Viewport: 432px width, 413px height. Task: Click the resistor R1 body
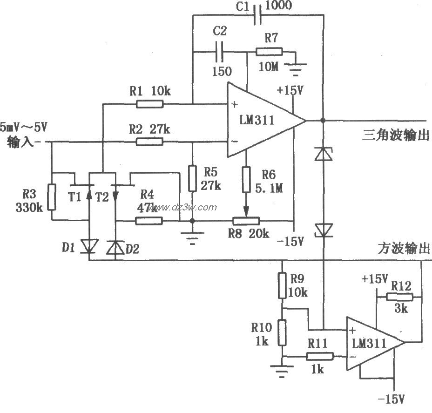coord(149,103)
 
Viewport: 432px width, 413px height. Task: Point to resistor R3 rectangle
coord(52,196)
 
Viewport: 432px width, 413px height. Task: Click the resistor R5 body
coord(192,178)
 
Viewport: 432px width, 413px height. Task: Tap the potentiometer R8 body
coord(247,221)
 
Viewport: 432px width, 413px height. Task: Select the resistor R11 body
coord(320,357)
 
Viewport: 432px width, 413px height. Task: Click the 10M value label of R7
coord(269,67)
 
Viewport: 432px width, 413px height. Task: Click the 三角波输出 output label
coord(396,135)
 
